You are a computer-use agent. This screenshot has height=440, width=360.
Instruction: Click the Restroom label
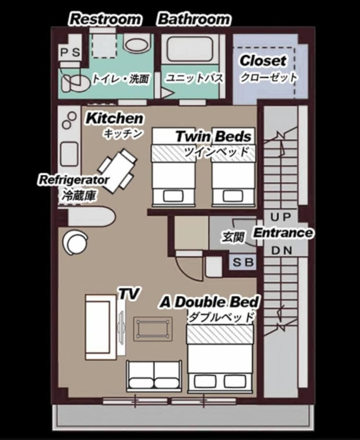(x=105, y=19)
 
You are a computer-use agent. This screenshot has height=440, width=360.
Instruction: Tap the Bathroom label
(x=194, y=19)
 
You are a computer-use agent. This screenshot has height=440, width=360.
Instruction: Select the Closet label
(x=263, y=61)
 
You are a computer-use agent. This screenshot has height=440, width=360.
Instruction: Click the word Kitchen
(x=114, y=118)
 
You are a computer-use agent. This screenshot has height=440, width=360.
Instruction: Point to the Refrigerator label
(x=73, y=180)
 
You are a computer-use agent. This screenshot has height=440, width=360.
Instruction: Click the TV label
(x=129, y=294)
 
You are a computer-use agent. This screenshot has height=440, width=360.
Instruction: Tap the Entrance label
(x=283, y=233)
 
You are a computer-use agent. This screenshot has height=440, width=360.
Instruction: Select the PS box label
(x=70, y=52)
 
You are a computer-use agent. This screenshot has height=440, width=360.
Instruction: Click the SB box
(x=243, y=262)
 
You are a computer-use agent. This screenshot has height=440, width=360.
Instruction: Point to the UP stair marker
(x=281, y=217)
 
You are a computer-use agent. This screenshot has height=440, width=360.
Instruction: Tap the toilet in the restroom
(x=74, y=81)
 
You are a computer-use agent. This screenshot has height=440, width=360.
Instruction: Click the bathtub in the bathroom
(x=190, y=49)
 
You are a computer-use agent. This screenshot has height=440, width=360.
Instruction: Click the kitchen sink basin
(x=69, y=154)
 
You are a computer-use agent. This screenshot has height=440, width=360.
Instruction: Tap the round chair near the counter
(x=75, y=242)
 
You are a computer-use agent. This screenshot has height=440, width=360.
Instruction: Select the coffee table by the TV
(x=153, y=329)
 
